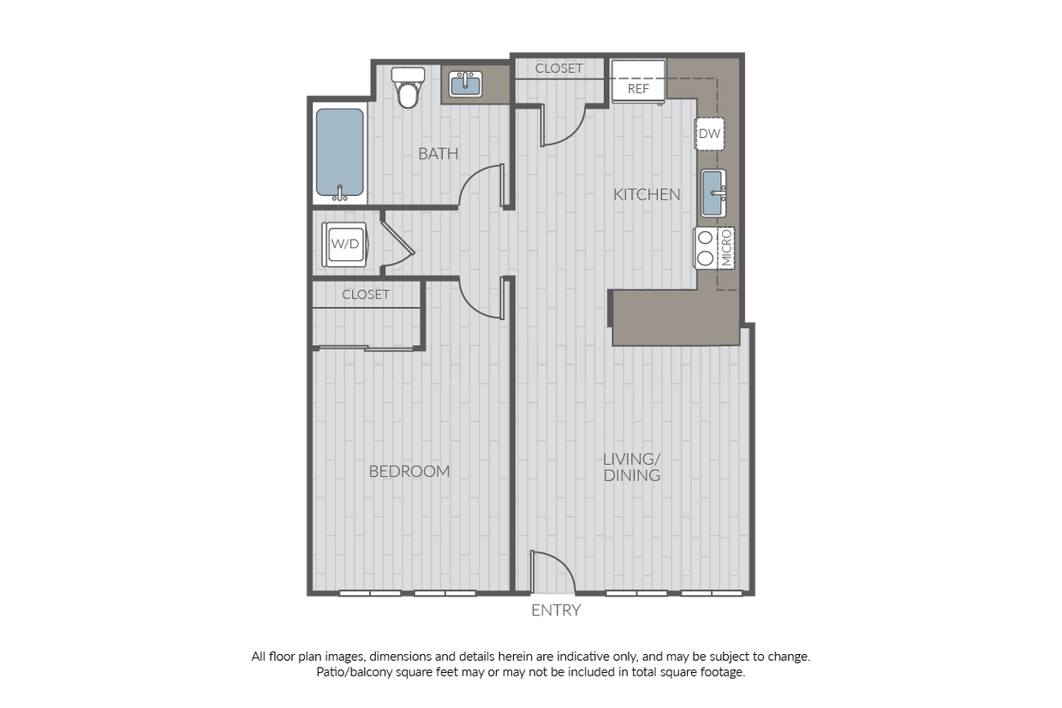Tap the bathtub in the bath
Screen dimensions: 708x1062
(339, 152)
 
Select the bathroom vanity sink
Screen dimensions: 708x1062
(466, 84)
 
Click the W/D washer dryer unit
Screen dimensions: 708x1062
(344, 243)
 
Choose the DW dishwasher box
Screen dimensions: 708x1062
(709, 134)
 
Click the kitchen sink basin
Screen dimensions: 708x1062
(713, 193)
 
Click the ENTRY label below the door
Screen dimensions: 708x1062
(556, 610)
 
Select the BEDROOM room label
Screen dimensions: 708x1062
(409, 471)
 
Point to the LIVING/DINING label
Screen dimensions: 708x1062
(632, 467)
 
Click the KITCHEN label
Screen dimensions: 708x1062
(647, 194)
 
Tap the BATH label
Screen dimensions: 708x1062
(438, 154)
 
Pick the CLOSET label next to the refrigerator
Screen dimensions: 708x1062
(558, 68)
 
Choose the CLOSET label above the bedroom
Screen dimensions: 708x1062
(366, 295)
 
